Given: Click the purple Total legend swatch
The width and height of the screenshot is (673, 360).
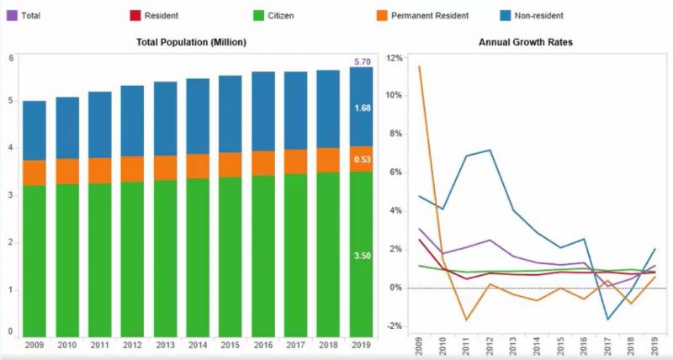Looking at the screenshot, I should coord(13,15).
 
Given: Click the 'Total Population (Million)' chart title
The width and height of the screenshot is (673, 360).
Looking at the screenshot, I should coord(191,42).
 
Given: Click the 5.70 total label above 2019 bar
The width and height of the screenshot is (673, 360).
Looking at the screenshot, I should coord(362,62).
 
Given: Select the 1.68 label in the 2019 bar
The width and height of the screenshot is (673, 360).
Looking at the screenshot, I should coord(362,109).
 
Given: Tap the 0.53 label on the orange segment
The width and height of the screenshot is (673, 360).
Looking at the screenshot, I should coord(362,160).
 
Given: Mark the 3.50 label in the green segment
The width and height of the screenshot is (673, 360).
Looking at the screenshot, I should coord(362,256).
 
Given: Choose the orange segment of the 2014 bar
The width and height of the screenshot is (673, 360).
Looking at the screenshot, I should coord(198,166).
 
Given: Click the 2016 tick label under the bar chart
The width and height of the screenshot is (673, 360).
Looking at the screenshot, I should coord(263,346).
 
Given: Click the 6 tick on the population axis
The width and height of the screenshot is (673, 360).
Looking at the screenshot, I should coord(11,58).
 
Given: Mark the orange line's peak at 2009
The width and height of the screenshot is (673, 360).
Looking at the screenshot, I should coord(419,66).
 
